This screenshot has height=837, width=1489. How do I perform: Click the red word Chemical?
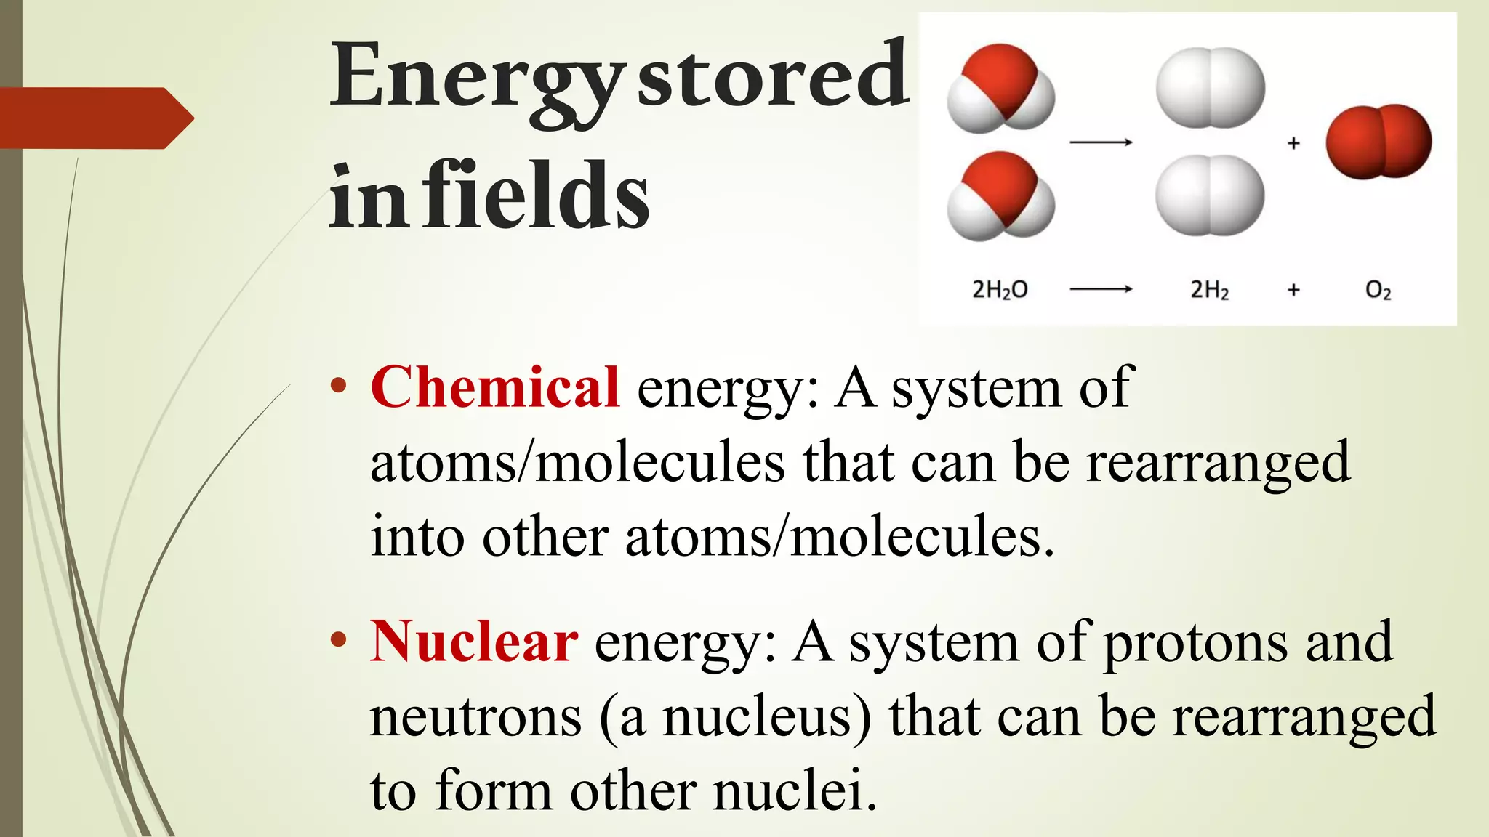(494, 387)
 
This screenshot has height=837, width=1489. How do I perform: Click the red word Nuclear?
(474, 642)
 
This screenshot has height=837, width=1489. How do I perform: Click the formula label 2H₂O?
(1000, 290)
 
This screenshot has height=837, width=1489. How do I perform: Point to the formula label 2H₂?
(1209, 290)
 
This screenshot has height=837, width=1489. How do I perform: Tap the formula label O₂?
(1378, 291)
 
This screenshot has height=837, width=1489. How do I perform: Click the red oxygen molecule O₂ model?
(1378, 142)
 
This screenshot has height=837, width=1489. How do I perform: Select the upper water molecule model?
(1000, 89)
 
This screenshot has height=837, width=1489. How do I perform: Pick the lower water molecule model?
(1000, 196)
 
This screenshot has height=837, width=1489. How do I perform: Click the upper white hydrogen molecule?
(1211, 88)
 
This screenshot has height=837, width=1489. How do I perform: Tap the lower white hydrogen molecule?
(1211, 195)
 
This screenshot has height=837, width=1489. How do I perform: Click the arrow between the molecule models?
(1101, 142)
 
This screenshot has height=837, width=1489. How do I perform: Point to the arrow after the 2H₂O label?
(1101, 289)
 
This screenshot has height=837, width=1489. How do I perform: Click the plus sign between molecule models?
(1293, 143)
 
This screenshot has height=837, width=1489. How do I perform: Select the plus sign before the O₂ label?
(1293, 290)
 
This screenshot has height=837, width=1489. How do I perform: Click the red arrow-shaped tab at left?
(95, 118)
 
